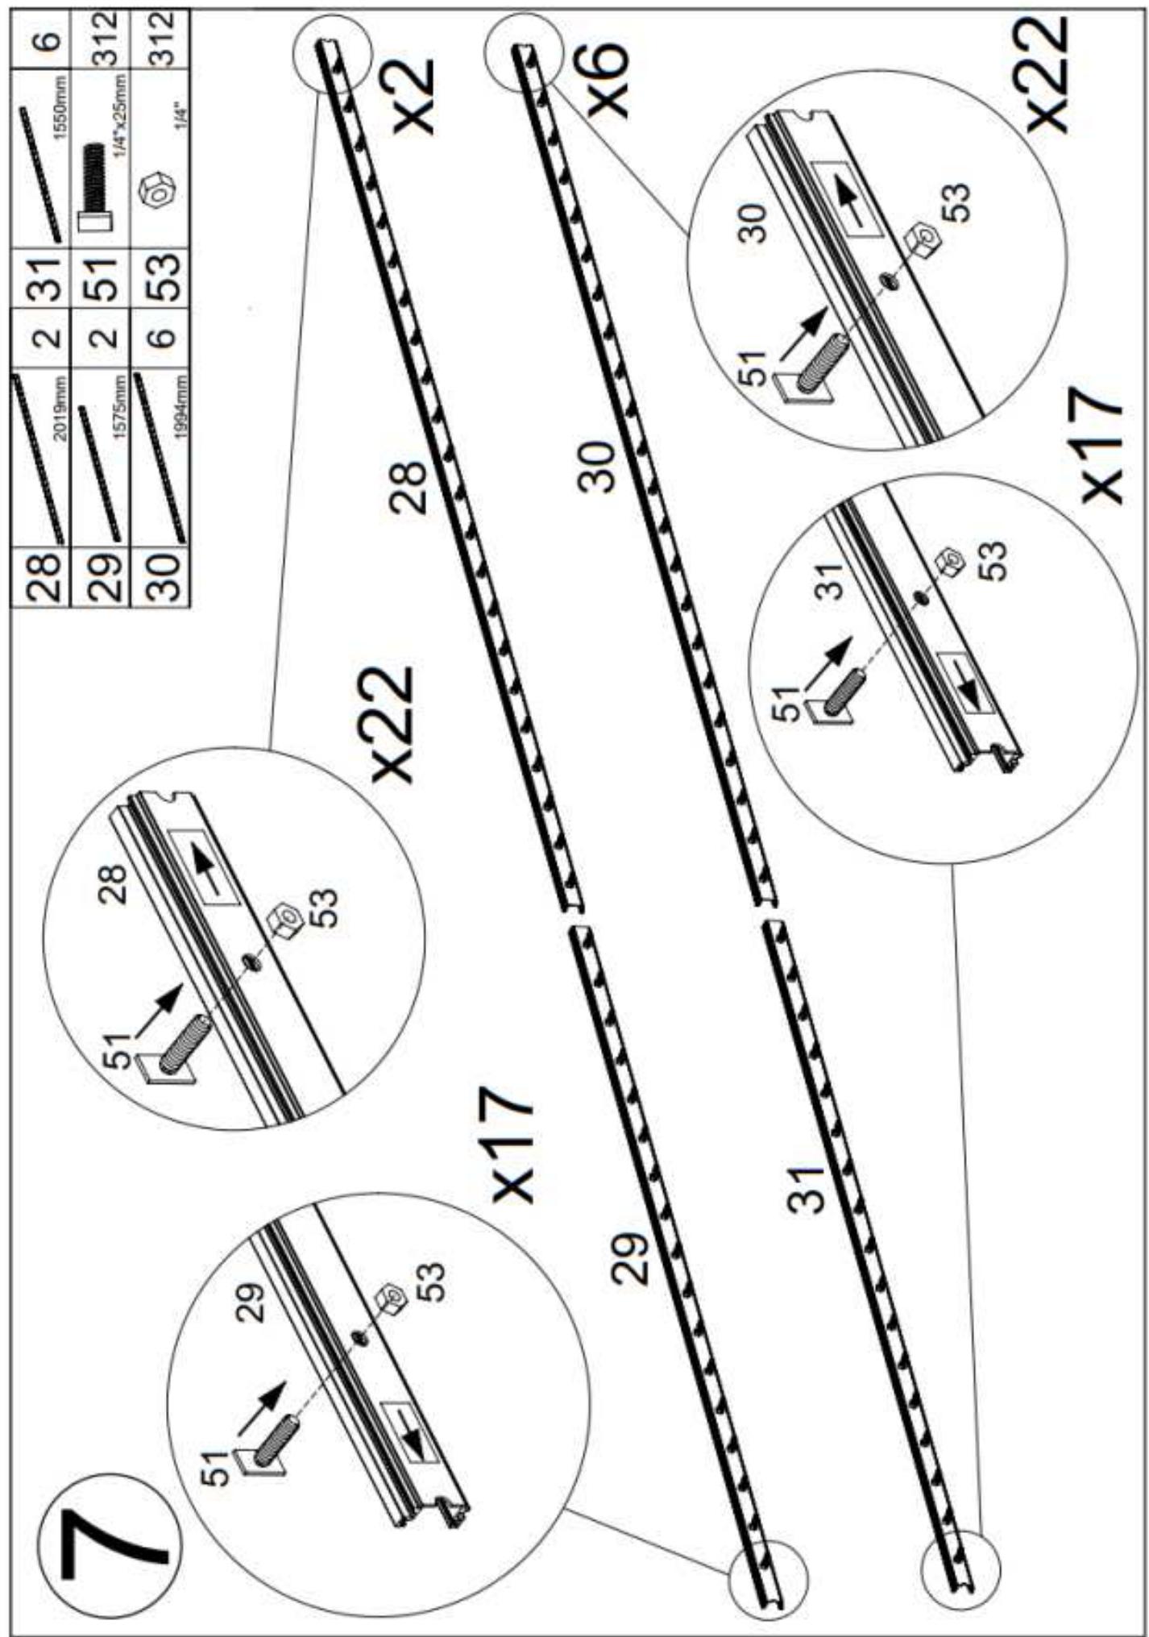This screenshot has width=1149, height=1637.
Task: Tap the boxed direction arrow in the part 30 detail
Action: [847, 198]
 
